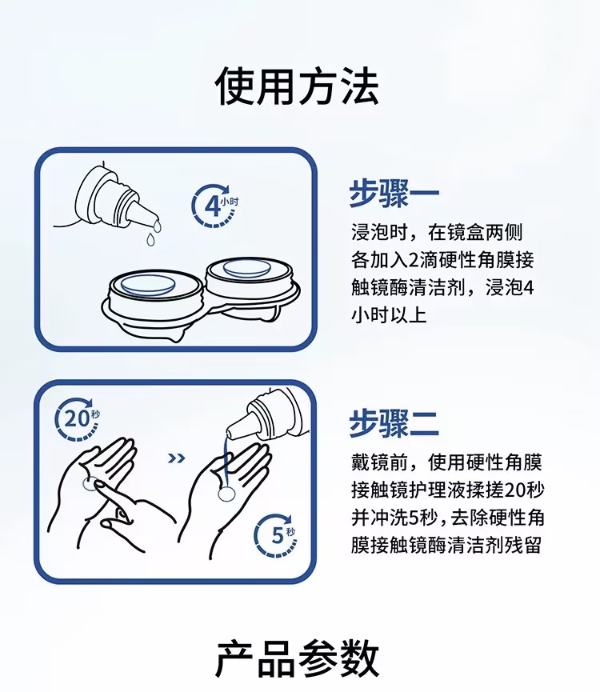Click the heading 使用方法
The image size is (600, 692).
tap(297, 86)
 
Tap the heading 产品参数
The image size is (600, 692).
tap(297, 659)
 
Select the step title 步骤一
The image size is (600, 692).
tap(394, 194)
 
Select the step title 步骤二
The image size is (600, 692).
tap(394, 422)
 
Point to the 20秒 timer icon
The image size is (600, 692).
tap(78, 418)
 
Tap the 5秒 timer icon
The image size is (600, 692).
tap(276, 535)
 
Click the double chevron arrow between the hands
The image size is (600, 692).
tap(177, 458)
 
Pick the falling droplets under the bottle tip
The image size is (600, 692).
tap(154, 233)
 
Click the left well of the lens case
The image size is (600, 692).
tap(151, 289)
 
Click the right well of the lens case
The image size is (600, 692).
tap(250, 273)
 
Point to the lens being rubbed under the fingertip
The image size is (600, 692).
tap(90, 484)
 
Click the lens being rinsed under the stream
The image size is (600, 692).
tap(227, 494)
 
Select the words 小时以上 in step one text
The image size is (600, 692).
tap(389, 315)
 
